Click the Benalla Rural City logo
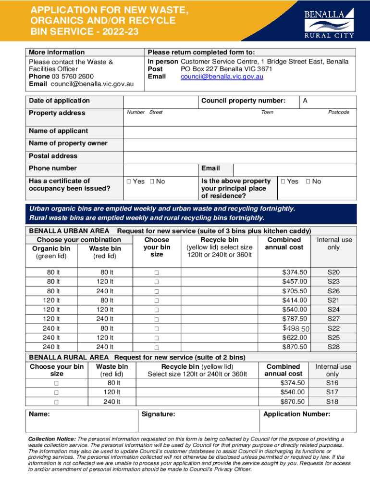329,22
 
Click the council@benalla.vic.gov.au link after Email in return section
222,77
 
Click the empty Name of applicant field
240,131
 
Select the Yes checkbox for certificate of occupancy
128,182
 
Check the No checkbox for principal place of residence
309,182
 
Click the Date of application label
59,101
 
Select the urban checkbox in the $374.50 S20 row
157,272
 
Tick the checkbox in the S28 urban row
157,347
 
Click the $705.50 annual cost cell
295,291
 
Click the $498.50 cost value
295,328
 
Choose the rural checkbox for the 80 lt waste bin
56,383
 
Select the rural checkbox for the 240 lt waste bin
56,402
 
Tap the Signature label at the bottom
158,414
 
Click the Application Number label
296,414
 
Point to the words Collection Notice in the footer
52,439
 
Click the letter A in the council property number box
305,101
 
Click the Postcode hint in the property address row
338,112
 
